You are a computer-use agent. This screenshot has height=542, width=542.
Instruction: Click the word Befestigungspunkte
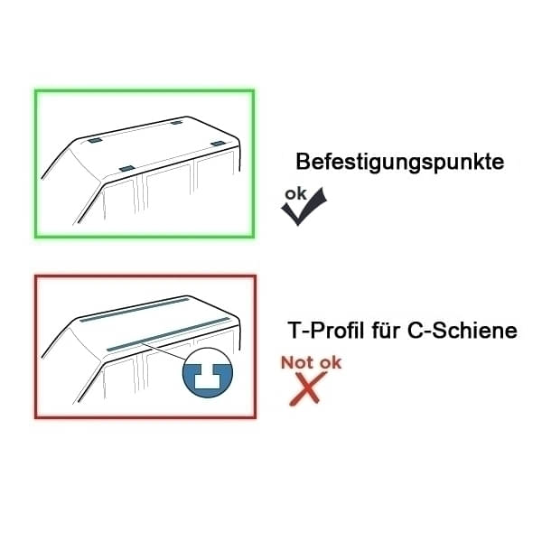click(399, 163)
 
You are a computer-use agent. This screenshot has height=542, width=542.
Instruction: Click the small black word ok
click(295, 193)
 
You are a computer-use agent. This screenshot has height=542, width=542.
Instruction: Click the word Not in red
click(297, 362)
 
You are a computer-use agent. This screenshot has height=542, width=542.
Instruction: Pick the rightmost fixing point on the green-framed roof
click(220, 144)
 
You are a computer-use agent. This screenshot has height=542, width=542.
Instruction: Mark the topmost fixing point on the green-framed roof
click(175, 121)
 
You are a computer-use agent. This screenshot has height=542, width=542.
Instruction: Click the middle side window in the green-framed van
click(168, 194)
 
